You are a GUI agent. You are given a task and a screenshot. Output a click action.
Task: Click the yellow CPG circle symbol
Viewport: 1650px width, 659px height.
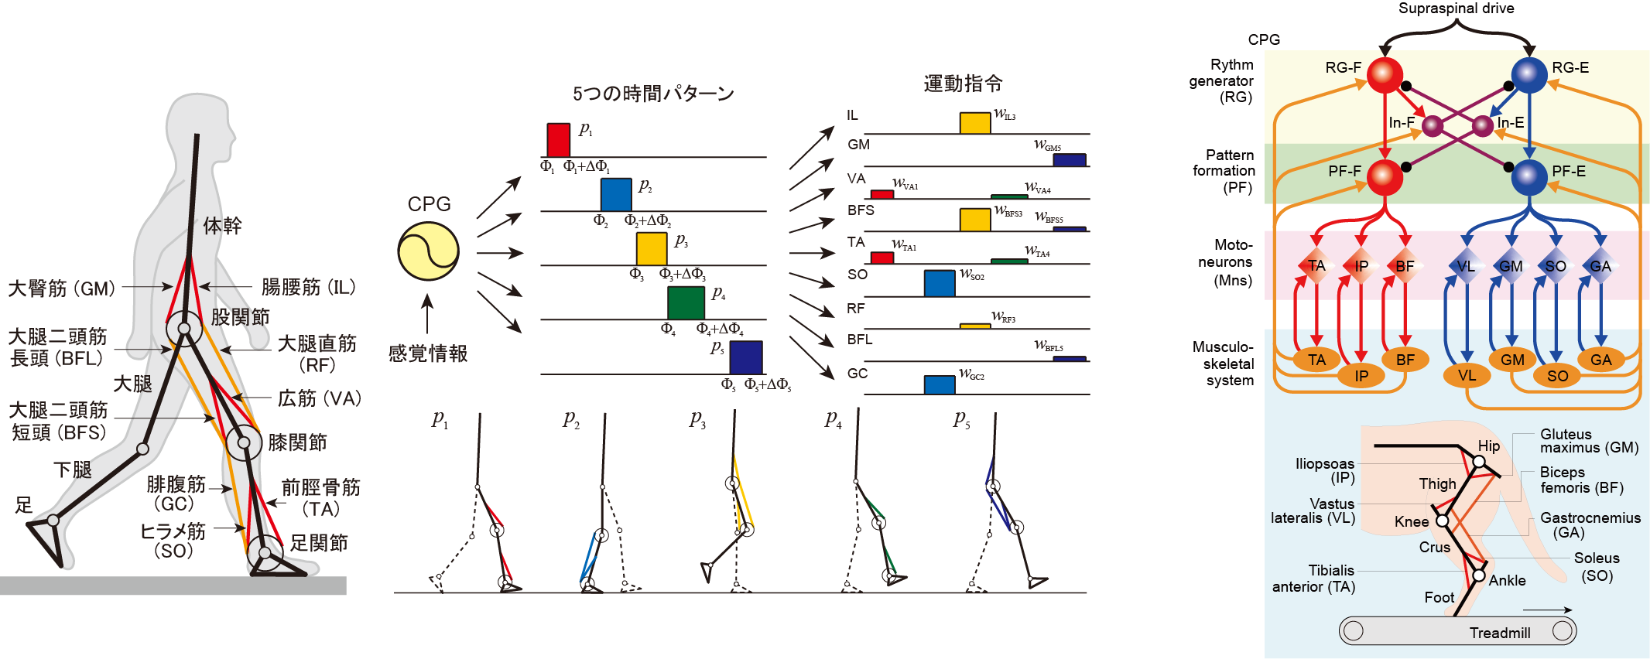pos(428,251)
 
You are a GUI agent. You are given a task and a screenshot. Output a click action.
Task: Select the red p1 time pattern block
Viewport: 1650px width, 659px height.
pos(558,140)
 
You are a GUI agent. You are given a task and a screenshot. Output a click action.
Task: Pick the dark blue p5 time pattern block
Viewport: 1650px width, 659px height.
pos(745,357)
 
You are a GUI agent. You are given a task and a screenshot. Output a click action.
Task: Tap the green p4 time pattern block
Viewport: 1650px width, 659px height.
pos(686,302)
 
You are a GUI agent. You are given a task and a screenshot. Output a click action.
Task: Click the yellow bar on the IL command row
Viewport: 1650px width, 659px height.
pos(975,123)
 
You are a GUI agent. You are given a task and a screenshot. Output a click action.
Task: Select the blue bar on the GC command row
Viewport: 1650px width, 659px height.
pos(939,384)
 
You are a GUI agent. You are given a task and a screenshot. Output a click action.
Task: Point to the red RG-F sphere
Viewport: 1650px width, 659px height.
pos(1385,75)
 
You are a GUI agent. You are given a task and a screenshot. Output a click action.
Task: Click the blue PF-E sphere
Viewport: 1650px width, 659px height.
pos(1528,177)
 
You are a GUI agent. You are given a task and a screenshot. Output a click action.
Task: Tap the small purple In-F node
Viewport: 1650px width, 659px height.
pos(1432,125)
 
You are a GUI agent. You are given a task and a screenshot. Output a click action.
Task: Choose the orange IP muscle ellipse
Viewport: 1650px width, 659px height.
pos(1361,376)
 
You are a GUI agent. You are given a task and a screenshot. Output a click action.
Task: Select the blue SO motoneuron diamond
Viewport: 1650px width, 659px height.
pos(1556,266)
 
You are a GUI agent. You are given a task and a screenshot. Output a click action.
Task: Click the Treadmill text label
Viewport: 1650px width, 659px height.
pos(1499,633)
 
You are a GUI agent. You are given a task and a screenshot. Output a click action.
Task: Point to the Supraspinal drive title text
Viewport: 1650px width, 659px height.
pos(1456,9)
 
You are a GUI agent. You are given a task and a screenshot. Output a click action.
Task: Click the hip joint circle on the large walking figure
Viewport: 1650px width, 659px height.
pos(184,329)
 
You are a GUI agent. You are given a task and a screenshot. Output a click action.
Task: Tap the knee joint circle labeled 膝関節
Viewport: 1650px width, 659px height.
pos(244,443)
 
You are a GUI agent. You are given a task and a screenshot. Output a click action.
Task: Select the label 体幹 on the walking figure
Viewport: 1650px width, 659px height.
pos(222,226)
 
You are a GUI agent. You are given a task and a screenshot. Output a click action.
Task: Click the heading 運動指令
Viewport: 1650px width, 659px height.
pos(963,84)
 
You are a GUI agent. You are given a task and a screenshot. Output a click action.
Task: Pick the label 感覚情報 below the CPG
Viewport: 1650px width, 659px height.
pos(428,353)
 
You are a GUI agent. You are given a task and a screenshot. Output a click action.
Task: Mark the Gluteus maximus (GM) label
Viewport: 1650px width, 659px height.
pos(1589,441)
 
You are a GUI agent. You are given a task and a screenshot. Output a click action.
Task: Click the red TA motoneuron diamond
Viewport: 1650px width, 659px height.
pos(1316,266)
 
